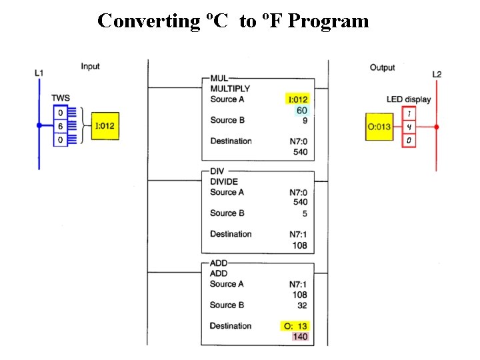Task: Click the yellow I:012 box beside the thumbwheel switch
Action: pos(105,126)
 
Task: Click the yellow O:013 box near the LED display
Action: pos(379,127)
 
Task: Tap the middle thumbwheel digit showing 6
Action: pos(61,126)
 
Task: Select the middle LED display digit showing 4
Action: pos(409,127)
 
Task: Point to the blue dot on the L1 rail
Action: pos(39,125)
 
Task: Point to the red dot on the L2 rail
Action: pos(437,127)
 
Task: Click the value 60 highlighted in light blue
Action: pos(302,111)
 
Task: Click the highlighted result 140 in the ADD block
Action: pos(300,337)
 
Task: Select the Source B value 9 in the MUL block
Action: pos(305,121)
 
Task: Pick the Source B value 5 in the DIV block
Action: pos(305,214)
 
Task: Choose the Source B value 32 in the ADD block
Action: pos(302,305)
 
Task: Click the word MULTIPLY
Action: pos(230,89)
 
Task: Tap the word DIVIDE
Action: pos(224,182)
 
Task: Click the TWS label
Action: pos(61,98)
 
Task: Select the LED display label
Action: pos(409,99)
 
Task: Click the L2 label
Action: pos(437,75)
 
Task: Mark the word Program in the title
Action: pos(329,21)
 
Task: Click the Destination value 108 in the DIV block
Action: pos(300,245)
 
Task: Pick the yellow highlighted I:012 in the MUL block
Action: pos(297,99)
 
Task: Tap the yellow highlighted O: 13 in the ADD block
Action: pos(295,326)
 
